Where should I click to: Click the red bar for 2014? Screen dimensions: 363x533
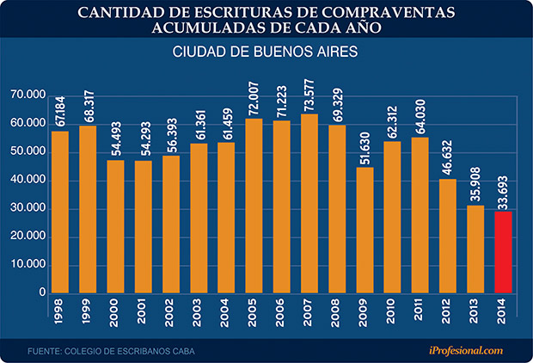[503, 252]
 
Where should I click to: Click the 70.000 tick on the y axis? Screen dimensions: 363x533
[29, 95]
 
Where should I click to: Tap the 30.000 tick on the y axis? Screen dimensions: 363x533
[29, 208]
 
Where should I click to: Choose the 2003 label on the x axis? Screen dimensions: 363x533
[198, 315]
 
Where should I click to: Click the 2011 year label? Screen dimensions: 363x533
[420, 315]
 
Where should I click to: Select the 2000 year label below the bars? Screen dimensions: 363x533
[115, 315]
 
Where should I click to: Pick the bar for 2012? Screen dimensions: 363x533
[448, 236]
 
